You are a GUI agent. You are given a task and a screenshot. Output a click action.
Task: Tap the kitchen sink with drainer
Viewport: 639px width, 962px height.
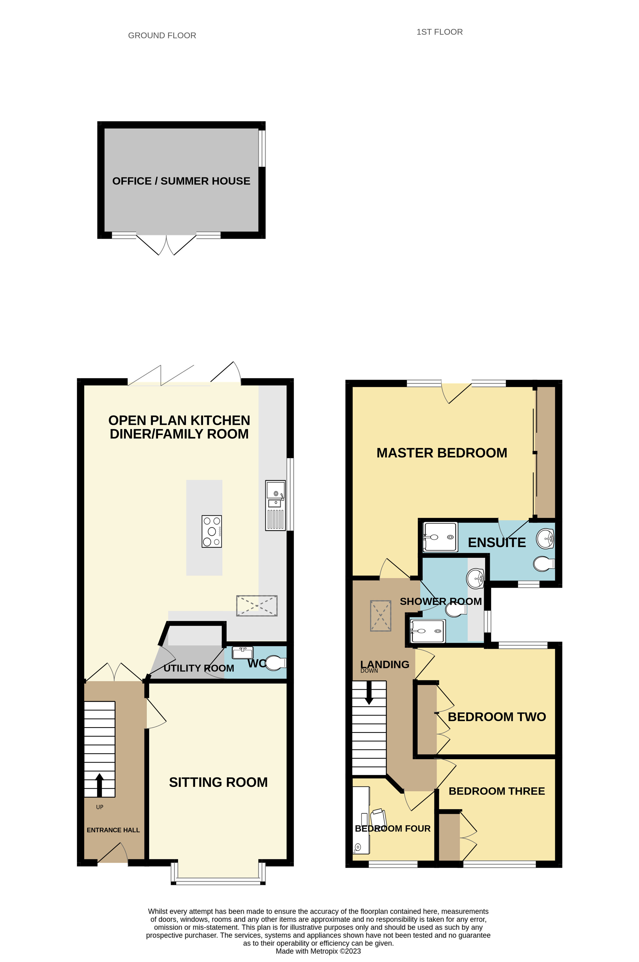point(275,505)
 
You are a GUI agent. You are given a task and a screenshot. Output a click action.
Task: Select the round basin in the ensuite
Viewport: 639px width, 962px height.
point(545,539)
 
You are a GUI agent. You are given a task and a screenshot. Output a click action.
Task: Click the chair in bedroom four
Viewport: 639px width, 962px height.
point(379,819)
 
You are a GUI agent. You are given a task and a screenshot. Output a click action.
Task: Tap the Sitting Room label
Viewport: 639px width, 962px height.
point(218,782)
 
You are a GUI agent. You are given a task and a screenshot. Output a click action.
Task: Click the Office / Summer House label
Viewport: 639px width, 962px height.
point(181,181)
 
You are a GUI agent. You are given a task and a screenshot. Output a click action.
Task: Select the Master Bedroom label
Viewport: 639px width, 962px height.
point(442,453)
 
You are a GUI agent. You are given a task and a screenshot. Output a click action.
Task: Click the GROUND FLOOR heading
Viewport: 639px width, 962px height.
point(162,35)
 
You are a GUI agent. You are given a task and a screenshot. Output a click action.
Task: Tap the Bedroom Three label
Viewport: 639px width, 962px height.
point(497,791)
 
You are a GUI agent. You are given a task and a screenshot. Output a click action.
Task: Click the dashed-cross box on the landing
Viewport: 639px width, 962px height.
point(380,616)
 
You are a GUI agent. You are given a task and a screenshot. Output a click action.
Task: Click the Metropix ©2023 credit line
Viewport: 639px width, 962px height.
point(318,951)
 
